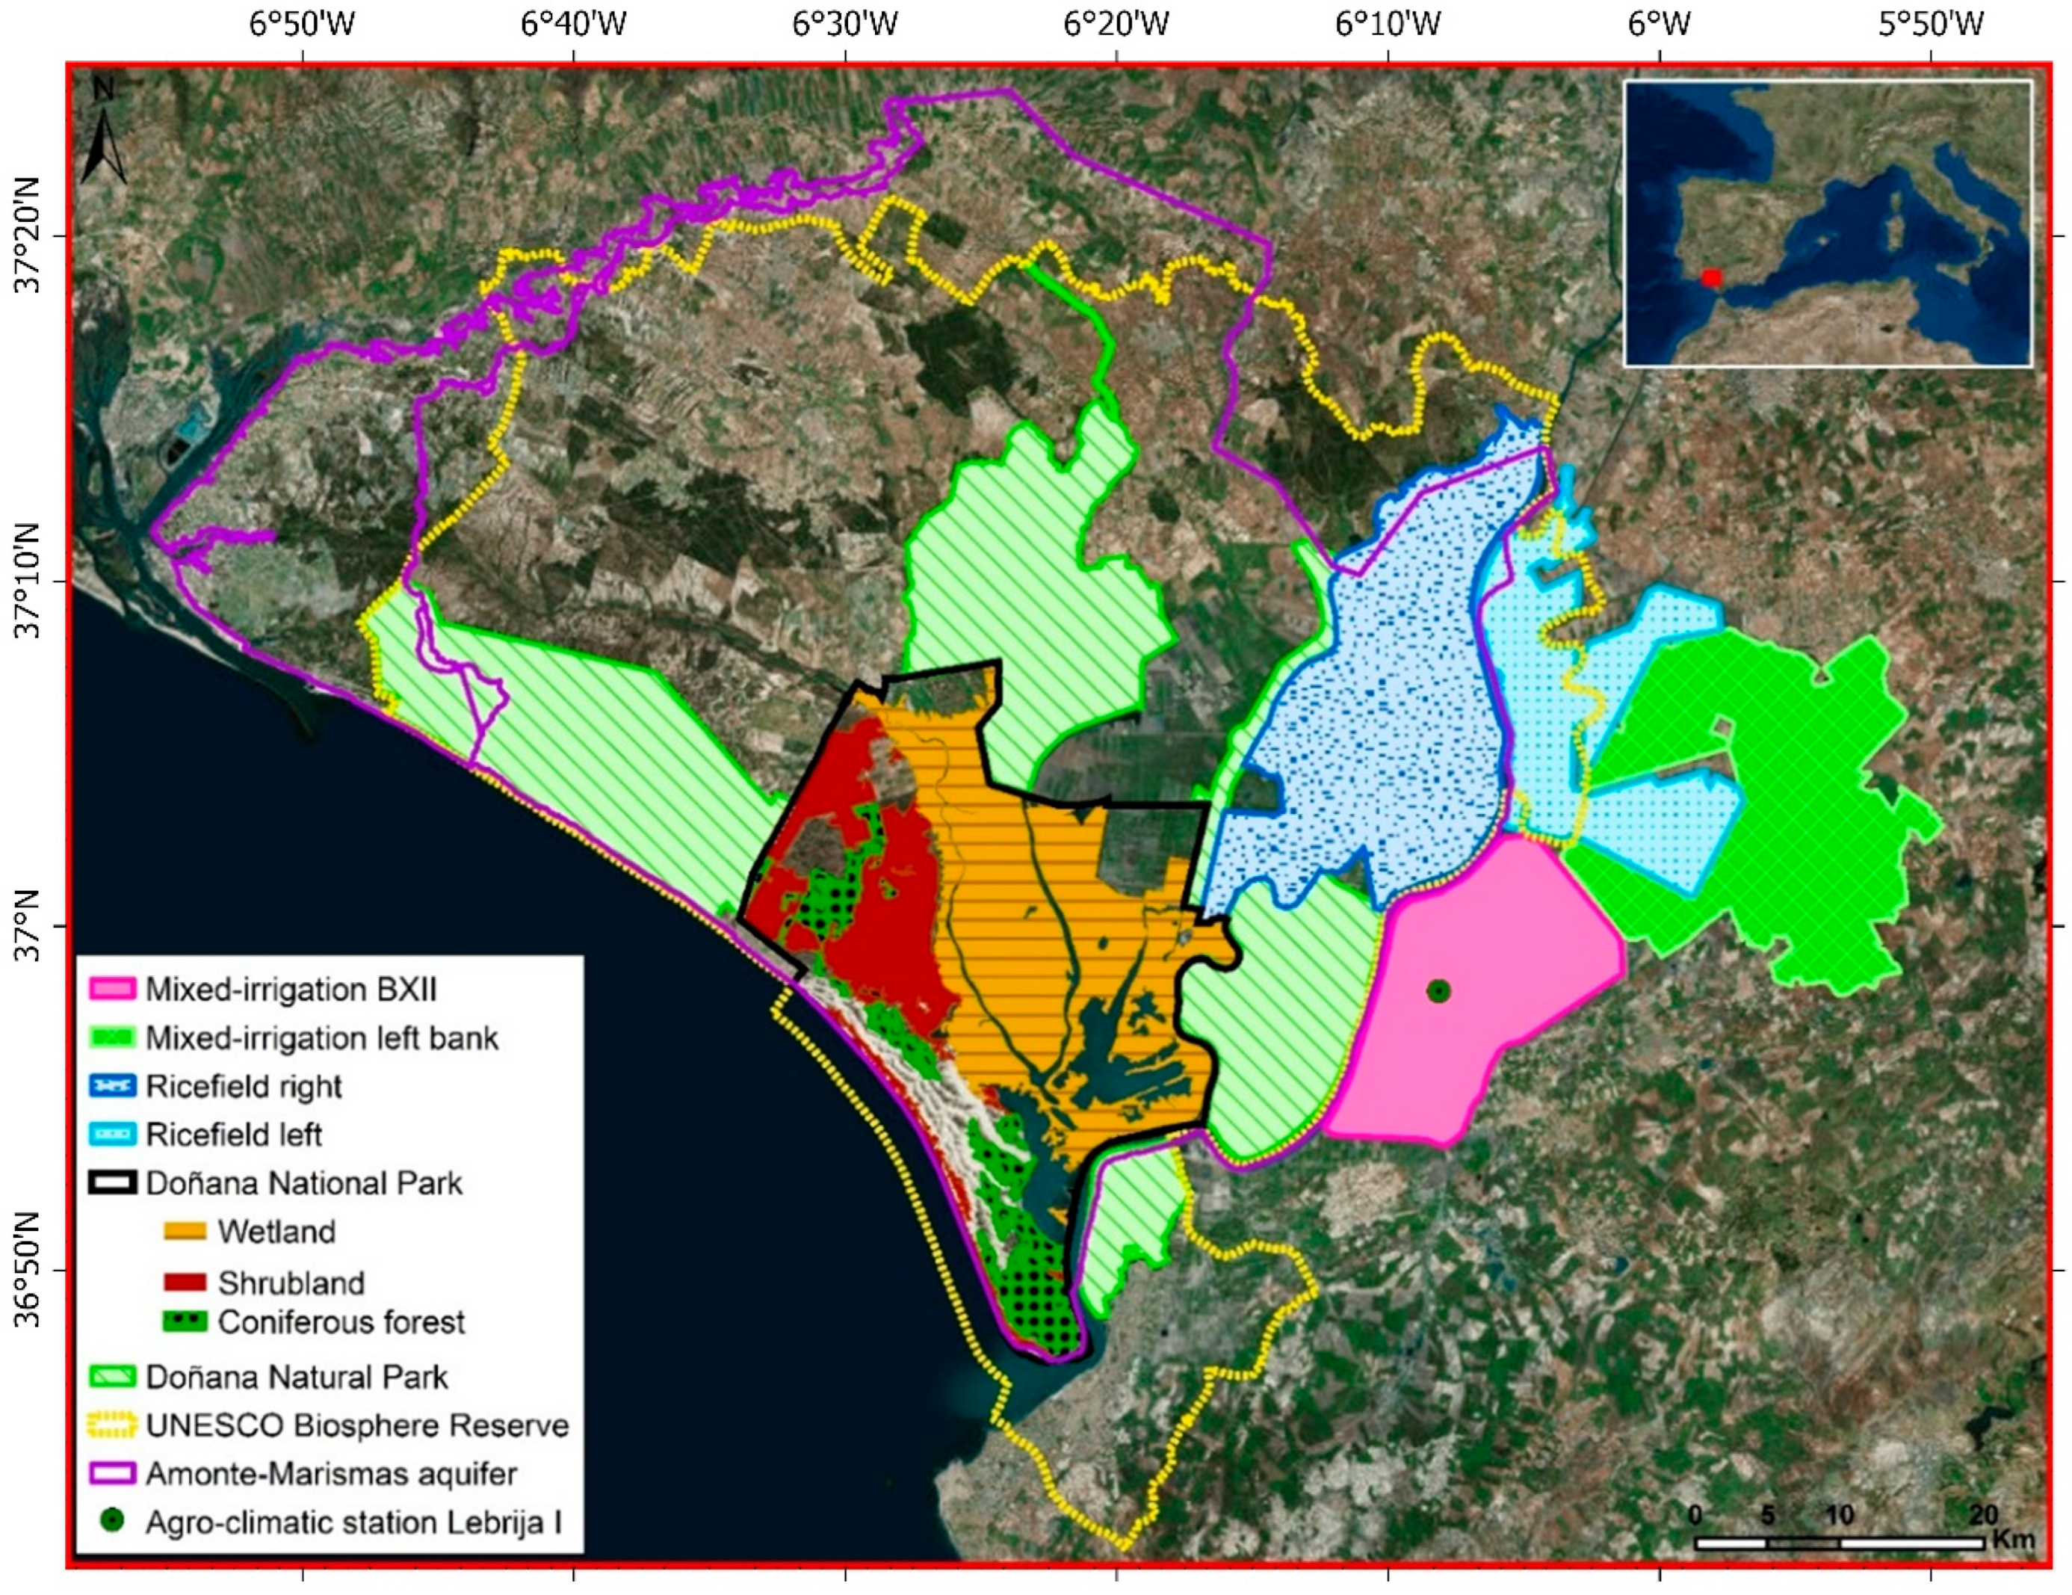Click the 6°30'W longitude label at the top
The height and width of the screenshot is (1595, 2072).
point(844,24)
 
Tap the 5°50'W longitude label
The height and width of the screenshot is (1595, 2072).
point(1931,24)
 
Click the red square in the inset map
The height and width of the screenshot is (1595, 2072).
point(1710,277)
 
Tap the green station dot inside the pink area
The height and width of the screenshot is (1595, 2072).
point(1439,990)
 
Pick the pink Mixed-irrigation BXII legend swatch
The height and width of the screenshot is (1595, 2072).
point(112,990)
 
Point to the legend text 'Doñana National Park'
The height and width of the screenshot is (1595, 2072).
point(303,1183)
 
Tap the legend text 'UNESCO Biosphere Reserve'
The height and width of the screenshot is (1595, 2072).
point(356,1425)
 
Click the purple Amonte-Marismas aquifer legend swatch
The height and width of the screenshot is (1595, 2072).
point(112,1474)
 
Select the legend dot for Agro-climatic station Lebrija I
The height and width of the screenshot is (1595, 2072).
point(112,1521)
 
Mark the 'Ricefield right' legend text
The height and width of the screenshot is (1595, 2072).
point(243,1087)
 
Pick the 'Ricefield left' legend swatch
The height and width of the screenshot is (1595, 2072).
point(112,1135)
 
